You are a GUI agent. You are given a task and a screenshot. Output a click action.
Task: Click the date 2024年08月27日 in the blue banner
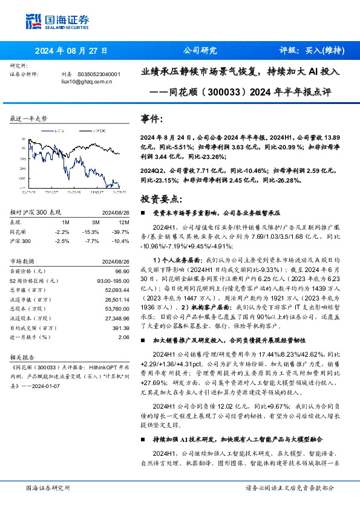pos(71,51)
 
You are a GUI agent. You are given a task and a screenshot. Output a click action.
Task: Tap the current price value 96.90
pos(122,273)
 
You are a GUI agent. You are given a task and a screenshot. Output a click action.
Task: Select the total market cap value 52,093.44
pos(117,290)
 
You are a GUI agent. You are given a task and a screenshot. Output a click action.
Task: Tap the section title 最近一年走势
pos(28,119)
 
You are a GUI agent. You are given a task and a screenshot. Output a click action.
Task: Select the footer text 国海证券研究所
pos(47,487)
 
